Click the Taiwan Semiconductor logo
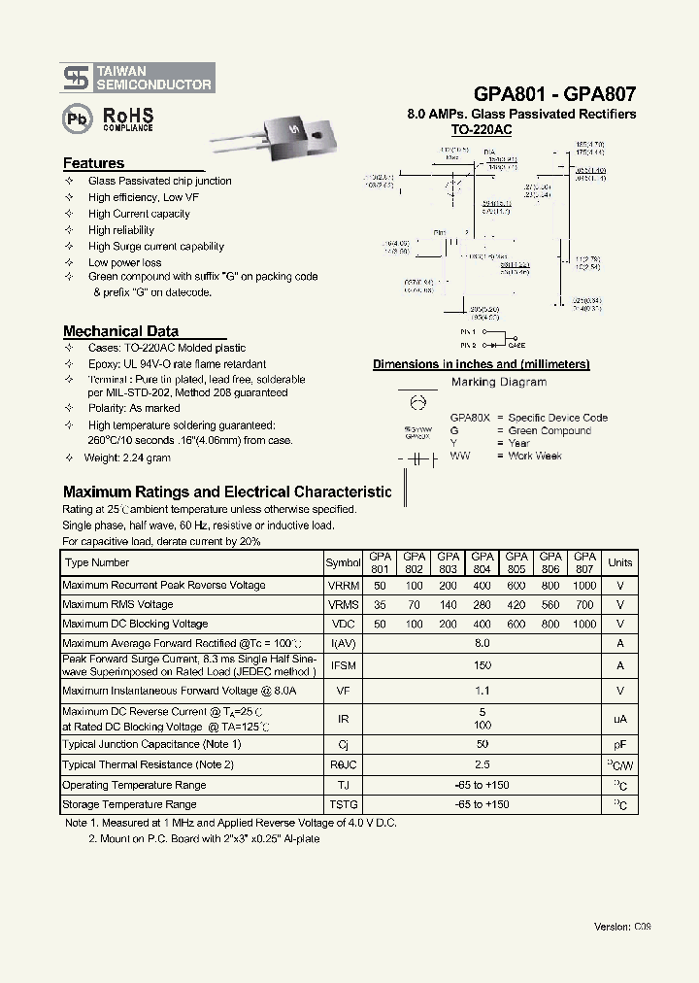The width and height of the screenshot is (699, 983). click(137, 78)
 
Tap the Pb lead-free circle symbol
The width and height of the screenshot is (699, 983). click(75, 119)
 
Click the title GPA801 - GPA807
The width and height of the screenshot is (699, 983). click(554, 94)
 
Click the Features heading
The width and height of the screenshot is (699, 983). click(94, 163)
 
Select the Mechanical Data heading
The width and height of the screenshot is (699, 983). click(120, 331)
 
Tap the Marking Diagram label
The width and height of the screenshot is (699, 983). click(499, 383)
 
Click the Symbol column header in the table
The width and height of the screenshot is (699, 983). click(343, 562)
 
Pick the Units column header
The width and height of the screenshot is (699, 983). click(619, 562)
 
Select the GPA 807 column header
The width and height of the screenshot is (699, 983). click(584, 562)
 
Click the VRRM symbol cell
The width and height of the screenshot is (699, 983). click(343, 586)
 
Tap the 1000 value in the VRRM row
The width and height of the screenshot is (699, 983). click(584, 586)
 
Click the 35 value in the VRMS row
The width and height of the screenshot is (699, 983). click(379, 605)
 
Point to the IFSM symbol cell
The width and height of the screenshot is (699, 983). click(343, 665)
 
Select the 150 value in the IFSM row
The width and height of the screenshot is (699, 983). click(482, 665)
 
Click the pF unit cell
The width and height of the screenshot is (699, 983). click(619, 744)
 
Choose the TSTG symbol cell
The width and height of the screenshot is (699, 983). click(343, 804)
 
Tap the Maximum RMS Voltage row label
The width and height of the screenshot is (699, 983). click(117, 605)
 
